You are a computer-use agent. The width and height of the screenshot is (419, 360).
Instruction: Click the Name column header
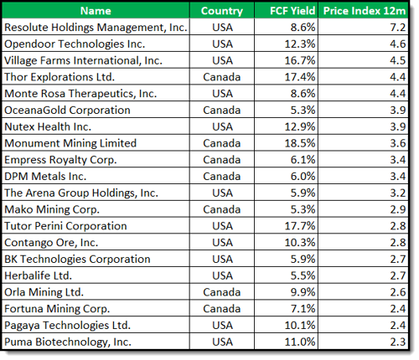(x=96, y=11)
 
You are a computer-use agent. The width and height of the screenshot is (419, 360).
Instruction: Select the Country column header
(x=222, y=11)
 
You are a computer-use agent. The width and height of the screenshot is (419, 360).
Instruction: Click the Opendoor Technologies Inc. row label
(x=74, y=44)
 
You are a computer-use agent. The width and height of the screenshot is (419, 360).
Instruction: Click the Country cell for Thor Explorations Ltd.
(x=222, y=77)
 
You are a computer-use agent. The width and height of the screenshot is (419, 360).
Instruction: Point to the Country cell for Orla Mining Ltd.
(x=222, y=292)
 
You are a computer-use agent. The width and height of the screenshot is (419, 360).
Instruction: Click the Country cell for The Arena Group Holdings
(x=222, y=193)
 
